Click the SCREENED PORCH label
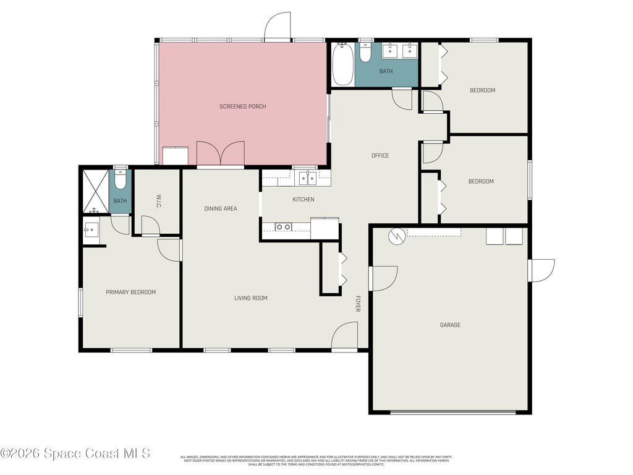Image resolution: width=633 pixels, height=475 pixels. pos(242,106)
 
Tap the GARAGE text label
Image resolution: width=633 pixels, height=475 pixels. pos(450,325)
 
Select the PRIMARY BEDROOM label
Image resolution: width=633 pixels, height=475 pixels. pos(130,292)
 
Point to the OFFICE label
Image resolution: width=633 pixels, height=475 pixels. pos(380,155)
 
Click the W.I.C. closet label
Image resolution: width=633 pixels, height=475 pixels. pos(158,202)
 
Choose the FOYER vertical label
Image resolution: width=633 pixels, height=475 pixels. pos(357,303)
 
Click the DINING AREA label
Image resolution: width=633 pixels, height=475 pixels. pos(221,208)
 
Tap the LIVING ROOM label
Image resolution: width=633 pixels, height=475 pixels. pos(251,298)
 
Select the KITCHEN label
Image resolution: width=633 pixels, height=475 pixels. pos(304,199)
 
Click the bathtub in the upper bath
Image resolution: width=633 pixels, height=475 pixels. pos(342,64)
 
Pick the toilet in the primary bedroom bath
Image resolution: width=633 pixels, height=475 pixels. pos(120,179)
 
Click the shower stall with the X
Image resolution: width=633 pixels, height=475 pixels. pos(95,190)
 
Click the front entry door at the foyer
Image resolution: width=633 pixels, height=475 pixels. pos(344,337)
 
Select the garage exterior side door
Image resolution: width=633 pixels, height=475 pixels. pos(542,270)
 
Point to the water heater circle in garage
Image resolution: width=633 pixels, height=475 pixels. pos(396,236)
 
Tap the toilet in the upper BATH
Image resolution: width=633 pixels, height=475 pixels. pos(365,54)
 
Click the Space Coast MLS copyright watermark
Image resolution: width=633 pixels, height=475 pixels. pos(75,453)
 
